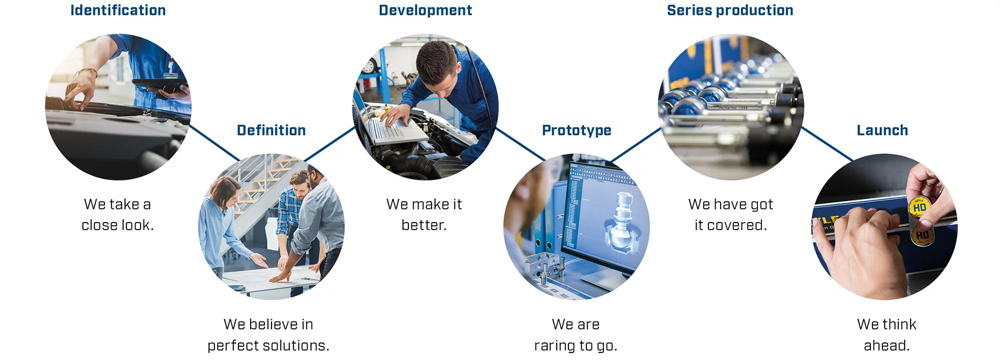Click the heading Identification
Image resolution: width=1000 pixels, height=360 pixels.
pyautogui.click(x=118, y=10)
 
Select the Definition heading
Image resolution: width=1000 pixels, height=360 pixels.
pyautogui.click(x=271, y=130)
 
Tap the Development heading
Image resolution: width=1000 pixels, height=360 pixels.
pyautogui.click(x=425, y=10)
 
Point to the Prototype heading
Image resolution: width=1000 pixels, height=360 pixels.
pyautogui.click(x=576, y=130)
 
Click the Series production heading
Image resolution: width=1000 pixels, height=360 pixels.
pyautogui.click(x=730, y=10)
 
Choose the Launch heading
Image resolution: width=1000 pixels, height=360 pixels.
pyautogui.click(x=882, y=130)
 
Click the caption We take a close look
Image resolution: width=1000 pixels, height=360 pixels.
pyautogui.click(x=117, y=214)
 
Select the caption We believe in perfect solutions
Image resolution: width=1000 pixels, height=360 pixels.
pyautogui.click(x=268, y=334)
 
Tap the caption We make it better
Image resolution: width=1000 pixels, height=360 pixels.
pyautogui.click(x=424, y=214)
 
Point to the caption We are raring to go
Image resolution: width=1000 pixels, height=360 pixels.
pyautogui.click(x=576, y=334)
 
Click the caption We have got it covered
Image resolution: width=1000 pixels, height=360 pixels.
pyautogui.click(x=730, y=214)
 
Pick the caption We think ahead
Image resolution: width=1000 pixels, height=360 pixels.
pyautogui.click(x=886, y=334)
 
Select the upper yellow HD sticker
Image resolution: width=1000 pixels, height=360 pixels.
pyautogui.click(x=919, y=207)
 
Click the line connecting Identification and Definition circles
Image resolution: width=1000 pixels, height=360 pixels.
pyautogui.click(x=214, y=143)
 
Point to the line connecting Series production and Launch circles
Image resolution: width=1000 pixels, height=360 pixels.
pyautogui.click(x=827, y=143)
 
